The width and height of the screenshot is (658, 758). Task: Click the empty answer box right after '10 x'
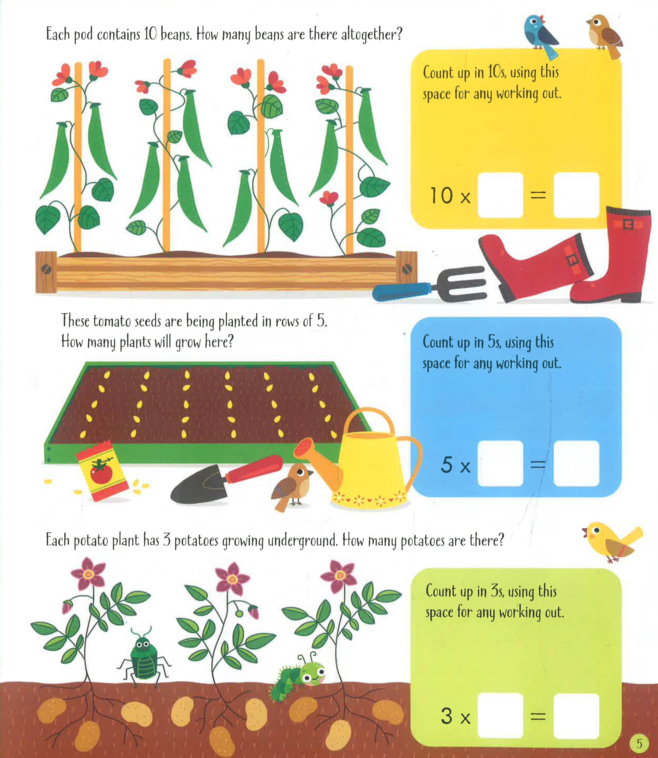[x=500, y=195]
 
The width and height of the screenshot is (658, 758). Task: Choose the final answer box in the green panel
[x=576, y=715]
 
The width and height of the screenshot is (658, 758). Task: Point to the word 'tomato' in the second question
[x=112, y=321]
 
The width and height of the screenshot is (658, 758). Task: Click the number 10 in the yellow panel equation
[x=441, y=195]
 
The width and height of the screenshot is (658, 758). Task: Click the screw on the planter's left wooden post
[x=46, y=269]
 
